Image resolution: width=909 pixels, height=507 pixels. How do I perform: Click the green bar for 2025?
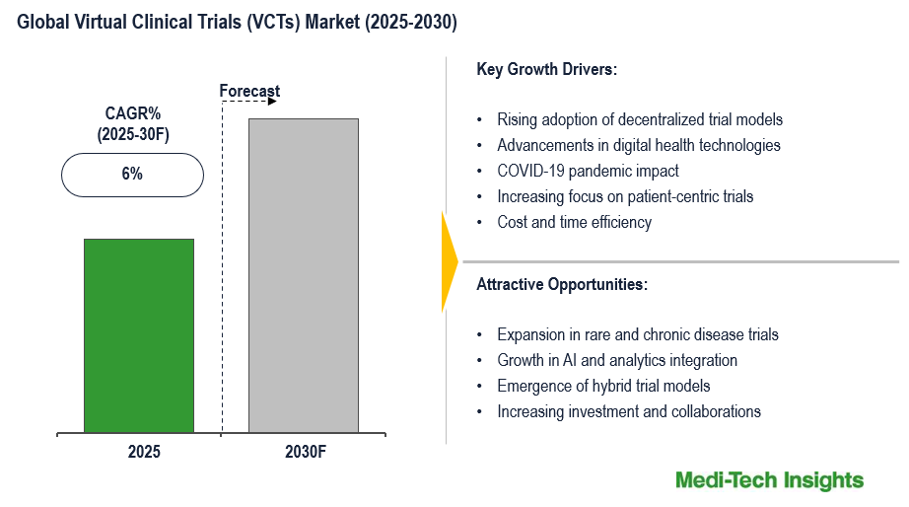pyautogui.click(x=138, y=335)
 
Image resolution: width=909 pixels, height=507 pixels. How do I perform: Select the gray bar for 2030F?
pyautogui.click(x=303, y=275)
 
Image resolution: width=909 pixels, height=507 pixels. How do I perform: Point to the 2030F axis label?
pyautogui.click(x=303, y=453)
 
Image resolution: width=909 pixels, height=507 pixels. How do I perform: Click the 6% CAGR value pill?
pyautogui.click(x=132, y=175)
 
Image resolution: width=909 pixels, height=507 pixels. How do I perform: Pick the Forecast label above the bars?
pyautogui.click(x=249, y=91)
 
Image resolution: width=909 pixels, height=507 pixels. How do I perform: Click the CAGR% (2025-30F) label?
pyautogui.click(x=133, y=124)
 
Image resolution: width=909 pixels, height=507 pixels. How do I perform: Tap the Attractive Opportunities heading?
pyautogui.click(x=562, y=284)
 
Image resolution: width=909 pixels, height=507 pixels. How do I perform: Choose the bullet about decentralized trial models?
pyautogui.click(x=640, y=119)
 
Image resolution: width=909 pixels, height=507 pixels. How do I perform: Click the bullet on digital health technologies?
pyautogui.click(x=638, y=145)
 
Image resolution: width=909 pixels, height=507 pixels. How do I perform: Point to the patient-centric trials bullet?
pyautogui.click(x=625, y=196)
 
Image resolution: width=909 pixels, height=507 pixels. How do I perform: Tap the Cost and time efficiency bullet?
pyautogui.click(x=574, y=222)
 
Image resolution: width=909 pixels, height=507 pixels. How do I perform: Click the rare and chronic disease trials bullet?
pyautogui.click(x=638, y=334)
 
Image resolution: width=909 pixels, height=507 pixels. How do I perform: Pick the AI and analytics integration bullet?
pyautogui.click(x=617, y=360)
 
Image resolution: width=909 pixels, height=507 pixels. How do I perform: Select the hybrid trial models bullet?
pyautogui.click(x=603, y=386)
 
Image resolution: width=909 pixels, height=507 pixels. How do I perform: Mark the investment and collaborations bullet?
pyautogui.click(x=629, y=411)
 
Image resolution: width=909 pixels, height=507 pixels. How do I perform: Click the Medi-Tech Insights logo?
pyautogui.click(x=769, y=480)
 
